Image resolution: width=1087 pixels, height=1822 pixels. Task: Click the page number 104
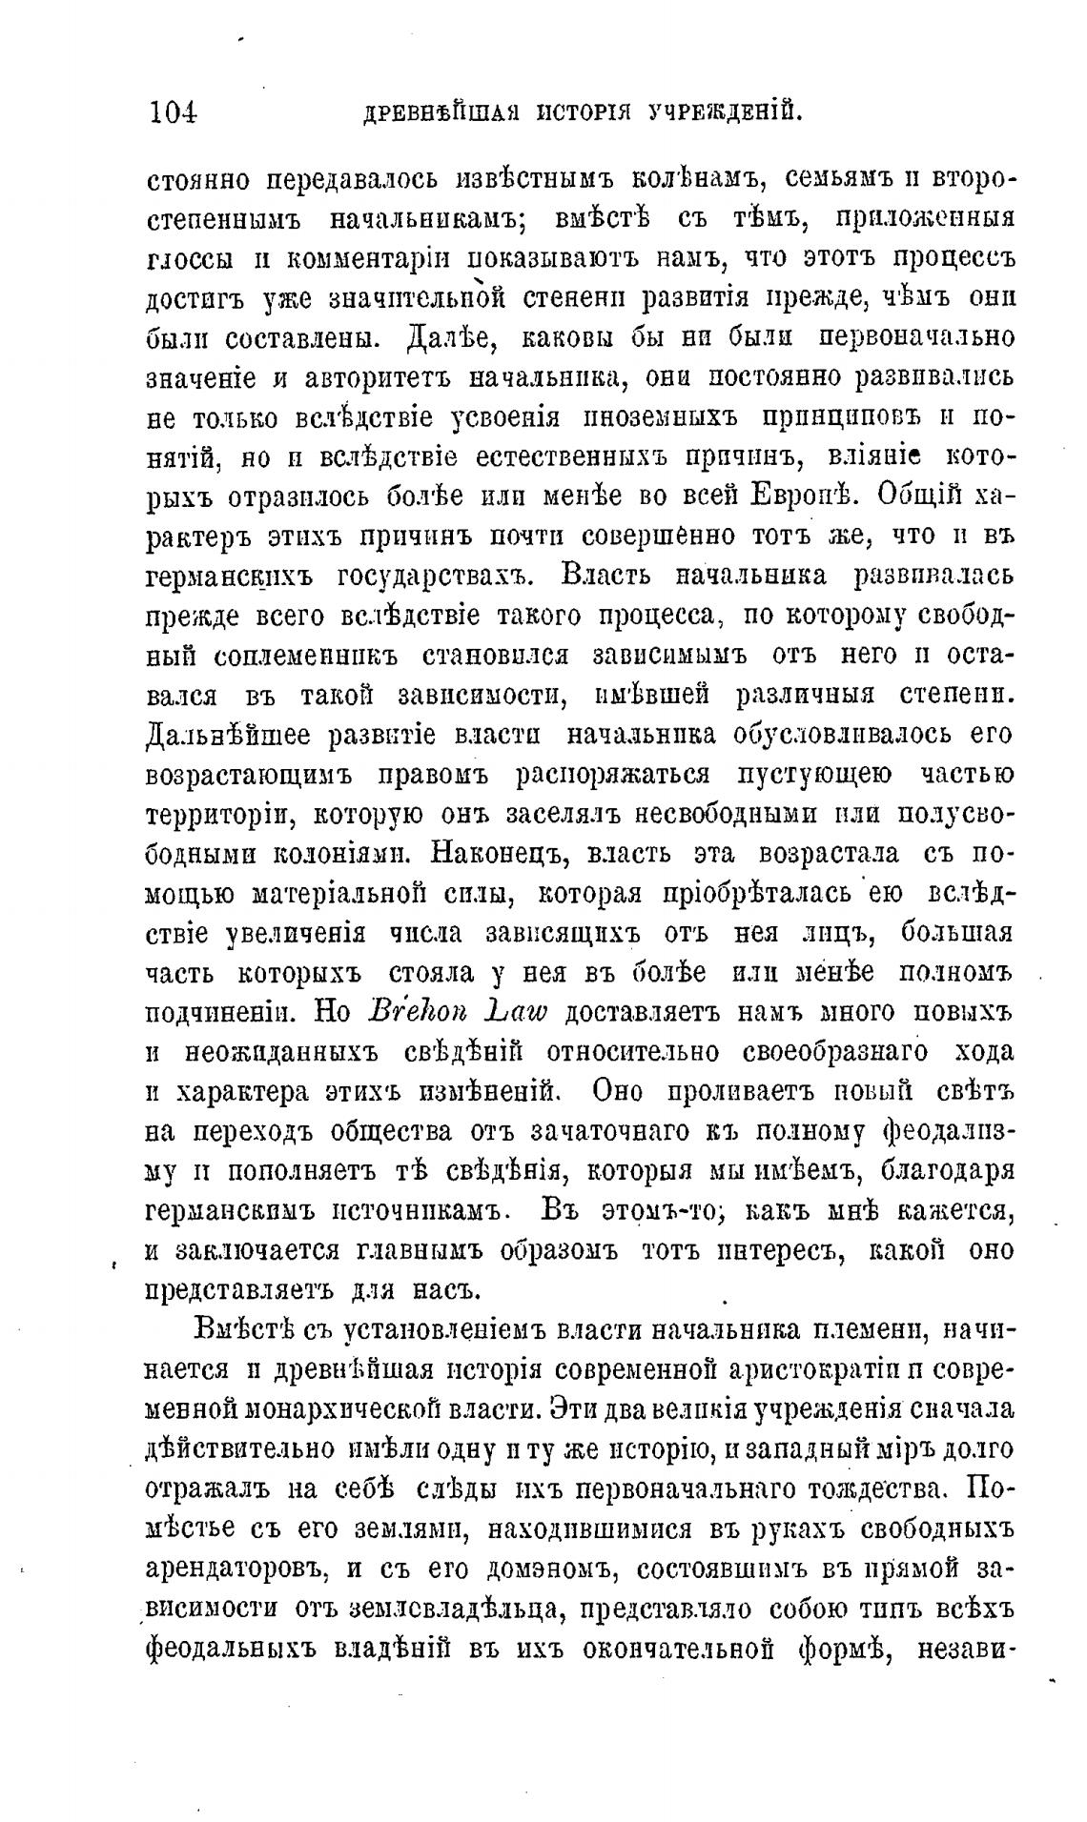173,111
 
